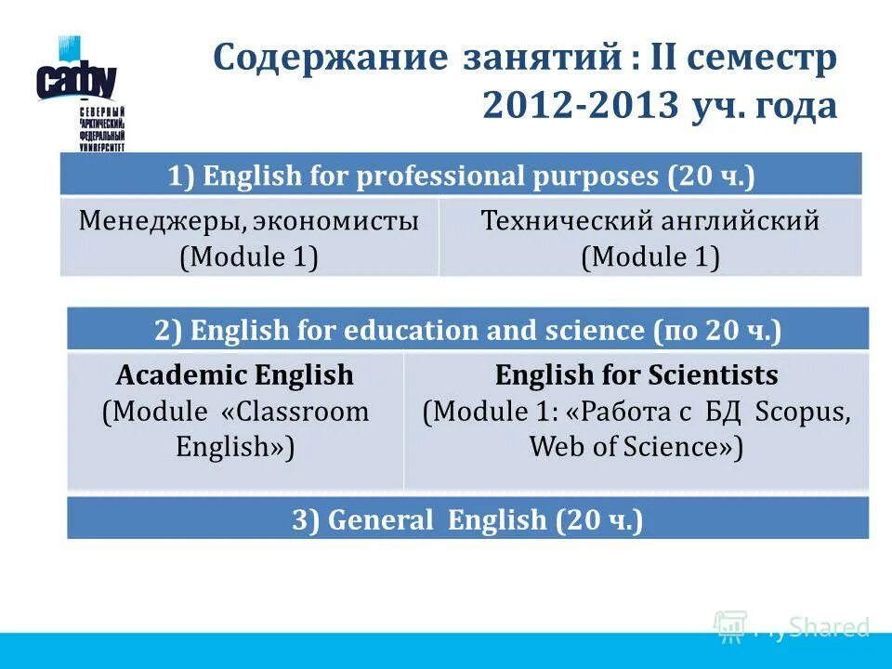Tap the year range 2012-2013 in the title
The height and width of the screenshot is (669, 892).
click(x=580, y=107)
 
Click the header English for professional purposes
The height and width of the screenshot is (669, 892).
click(x=461, y=175)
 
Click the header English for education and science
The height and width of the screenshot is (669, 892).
click(x=467, y=330)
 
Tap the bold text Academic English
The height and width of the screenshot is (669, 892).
click(x=235, y=375)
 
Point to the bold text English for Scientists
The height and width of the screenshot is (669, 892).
click(x=636, y=375)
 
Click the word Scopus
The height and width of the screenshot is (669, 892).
click(x=802, y=412)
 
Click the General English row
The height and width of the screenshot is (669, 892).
click(x=467, y=519)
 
